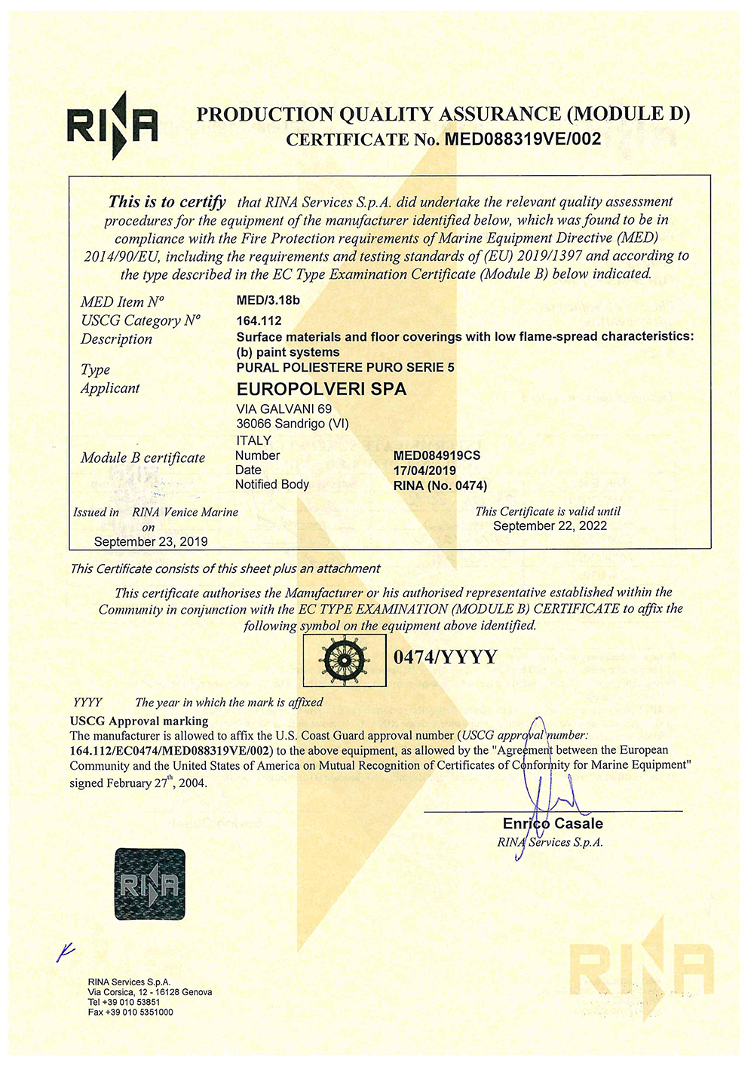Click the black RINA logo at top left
click(112, 125)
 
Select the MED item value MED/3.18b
click(268, 300)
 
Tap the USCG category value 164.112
click(259, 320)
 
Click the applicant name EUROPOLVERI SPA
click(321, 389)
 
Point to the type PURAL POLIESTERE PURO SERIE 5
click(345, 368)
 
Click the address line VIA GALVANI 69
click(284, 409)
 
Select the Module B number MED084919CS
click(437, 455)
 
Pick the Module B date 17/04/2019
click(425, 470)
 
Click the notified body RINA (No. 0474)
click(440, 486)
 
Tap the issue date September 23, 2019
click(151, 541)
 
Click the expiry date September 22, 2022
click(550, 525)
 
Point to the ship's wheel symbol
click(345, 660)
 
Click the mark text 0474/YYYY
click(446, 657)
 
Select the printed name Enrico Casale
click(553, 823)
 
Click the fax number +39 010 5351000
click(130, 1012)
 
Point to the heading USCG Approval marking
click(139, 721)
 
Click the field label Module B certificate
click(143, 458)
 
